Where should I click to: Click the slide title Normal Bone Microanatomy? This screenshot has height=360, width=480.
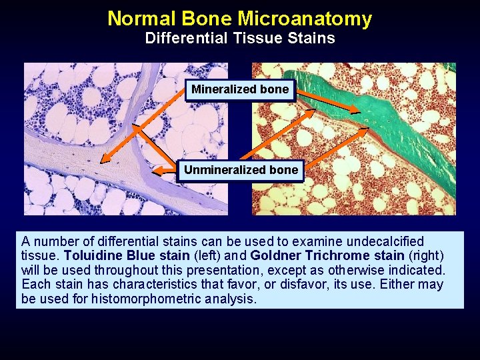point(239,18)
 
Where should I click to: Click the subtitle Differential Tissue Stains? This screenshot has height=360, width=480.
point(240,39)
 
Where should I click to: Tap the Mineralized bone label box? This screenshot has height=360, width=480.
point(240,89)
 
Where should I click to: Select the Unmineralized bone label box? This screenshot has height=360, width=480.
point(241,170)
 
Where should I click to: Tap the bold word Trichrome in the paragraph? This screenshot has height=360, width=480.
point(331,255)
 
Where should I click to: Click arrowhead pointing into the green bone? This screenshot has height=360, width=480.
point(357,111)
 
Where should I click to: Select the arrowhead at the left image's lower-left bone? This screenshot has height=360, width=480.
point(103,160)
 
